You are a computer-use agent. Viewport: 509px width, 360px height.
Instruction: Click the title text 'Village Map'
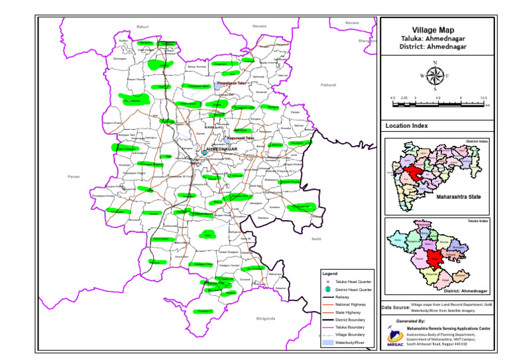tap(433, 30)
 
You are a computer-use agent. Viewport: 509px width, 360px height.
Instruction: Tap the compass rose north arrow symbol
tap(435, 74)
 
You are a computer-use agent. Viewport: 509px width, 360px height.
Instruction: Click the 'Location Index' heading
tap(406, 125)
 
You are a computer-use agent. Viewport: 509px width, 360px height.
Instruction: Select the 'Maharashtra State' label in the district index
tap(458, 197)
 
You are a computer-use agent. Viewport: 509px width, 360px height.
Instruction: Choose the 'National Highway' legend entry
tap(348, 306)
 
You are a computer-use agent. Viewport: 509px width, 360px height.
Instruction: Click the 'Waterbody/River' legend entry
tap(349, 343)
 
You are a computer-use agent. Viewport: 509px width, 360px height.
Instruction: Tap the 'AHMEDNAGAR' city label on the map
tap(223, 150)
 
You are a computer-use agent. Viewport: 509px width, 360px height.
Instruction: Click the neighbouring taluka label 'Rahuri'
tap(142, 26)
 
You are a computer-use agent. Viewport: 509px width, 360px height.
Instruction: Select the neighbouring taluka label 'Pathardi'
tap(329, 85)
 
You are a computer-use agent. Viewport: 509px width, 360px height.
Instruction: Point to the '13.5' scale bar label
tap(484, 97)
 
